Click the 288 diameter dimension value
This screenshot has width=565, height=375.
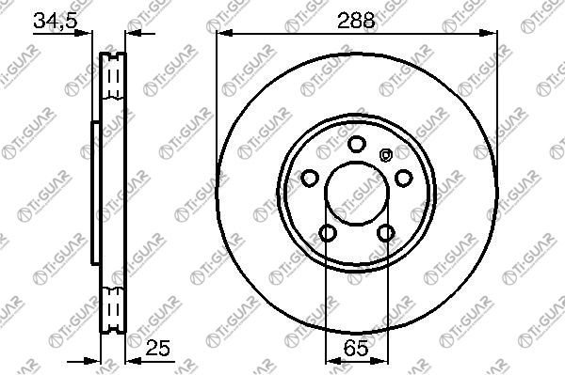[356, 21]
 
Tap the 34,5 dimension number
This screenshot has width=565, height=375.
[56, 21]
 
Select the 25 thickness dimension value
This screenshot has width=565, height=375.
[157, 348]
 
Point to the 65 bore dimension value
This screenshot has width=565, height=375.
[356, 348]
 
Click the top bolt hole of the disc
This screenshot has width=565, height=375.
[357, 144]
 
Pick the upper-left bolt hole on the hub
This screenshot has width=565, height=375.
[310, 178]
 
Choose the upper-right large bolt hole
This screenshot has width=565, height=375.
[404, 178]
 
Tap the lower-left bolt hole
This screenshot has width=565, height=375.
[328, 233]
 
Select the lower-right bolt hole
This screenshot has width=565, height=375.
[385, 233]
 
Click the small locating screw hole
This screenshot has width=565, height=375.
[385, 155]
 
